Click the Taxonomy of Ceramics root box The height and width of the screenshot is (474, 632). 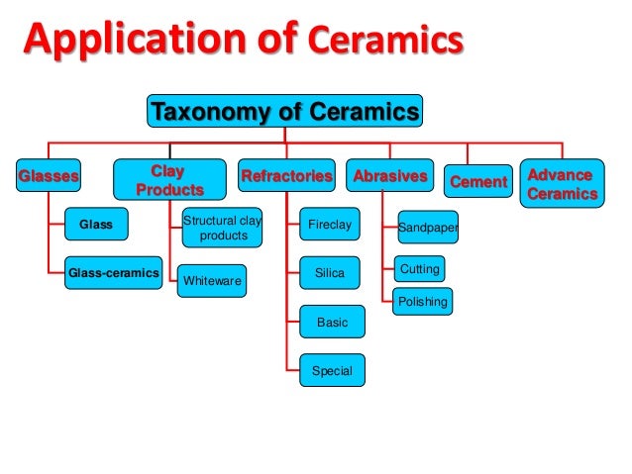click(x=285, y=112)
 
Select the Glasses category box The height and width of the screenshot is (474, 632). click(x=49, y=177)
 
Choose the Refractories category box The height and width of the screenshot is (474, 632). click(x=286, y=177)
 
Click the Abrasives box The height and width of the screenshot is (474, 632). click(x=389, y=177)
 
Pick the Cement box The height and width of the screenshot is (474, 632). click(x=477, y=181)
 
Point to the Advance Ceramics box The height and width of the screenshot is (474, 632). click(x=561, y=185)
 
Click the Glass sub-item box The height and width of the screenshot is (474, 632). click(x=96, y=226)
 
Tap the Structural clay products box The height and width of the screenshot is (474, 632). click(x=222, y=228)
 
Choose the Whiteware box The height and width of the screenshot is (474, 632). click(x=213, y=282)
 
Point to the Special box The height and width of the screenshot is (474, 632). click(x=332, y=371)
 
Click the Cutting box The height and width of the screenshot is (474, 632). click(x=419, y=269)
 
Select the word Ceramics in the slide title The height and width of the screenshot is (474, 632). click(x=385, y=43)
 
